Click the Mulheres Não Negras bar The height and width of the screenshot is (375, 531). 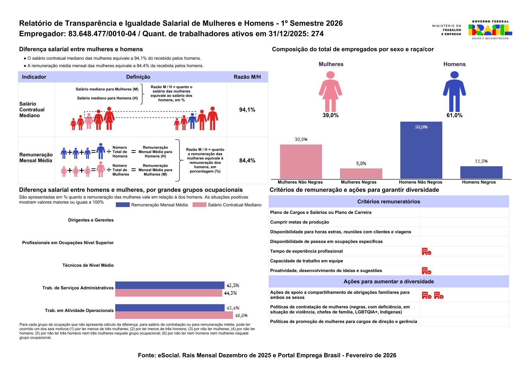(301, 161)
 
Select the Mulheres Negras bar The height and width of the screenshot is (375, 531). (361, 173)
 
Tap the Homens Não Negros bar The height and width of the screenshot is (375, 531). (421, 150)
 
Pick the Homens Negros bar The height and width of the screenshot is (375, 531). (481, 172)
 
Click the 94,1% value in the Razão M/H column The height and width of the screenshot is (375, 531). (247, 110)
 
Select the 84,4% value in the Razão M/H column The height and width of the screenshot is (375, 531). (247, 160)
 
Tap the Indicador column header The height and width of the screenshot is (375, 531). (34, 77)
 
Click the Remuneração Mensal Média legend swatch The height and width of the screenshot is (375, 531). (122, 205)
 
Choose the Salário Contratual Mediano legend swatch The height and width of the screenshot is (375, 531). (199, 205)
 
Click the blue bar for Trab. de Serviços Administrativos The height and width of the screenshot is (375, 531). (170, 285)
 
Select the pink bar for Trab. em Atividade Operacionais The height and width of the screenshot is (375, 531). (174, 315)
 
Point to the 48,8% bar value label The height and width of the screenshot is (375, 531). (241, 315)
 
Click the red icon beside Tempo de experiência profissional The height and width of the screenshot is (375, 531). (427, 251)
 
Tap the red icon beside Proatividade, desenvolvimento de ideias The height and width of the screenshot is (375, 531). (427, 271)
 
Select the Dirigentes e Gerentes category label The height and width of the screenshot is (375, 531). (91, 220)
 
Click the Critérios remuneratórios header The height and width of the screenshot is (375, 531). (389, 202)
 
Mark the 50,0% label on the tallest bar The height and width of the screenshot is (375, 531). (421, 127)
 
